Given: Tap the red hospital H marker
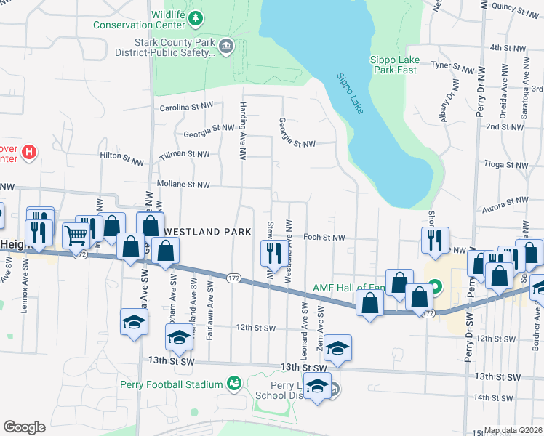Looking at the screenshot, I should [29, 152].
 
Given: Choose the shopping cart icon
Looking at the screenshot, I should [76, 235].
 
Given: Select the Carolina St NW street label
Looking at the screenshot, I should [186, 107].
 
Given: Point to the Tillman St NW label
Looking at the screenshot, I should [184, 154].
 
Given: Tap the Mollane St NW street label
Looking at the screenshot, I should [183, 185].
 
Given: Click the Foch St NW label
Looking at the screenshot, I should [323, 237].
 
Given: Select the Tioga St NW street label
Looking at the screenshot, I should [508, 165].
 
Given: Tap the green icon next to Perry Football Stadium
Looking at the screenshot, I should [233, 382].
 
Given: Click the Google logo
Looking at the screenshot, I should [24, 427].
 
